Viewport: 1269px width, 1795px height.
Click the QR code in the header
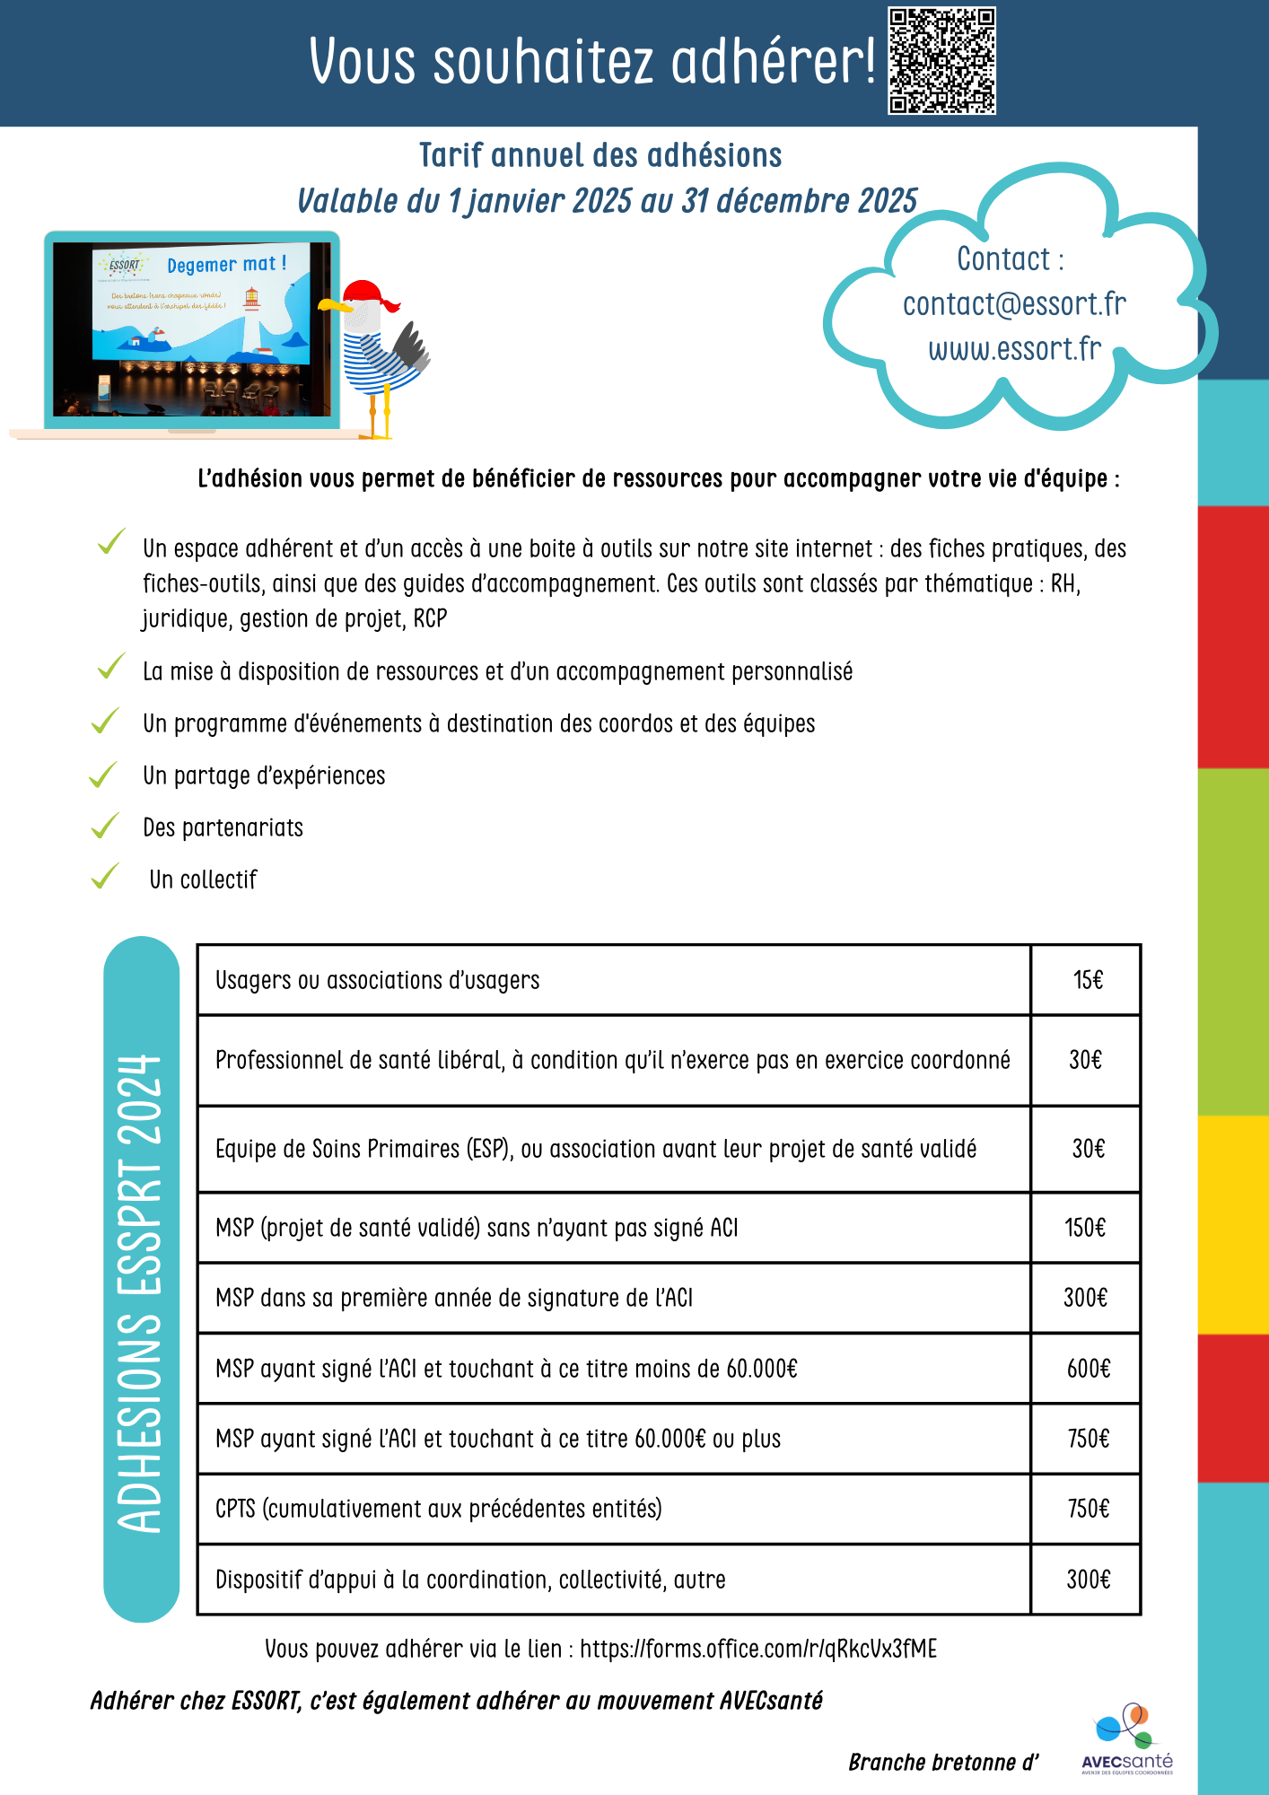point(941,61)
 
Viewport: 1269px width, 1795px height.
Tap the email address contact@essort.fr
point(1014,304)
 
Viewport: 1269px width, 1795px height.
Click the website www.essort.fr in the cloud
point(1014,349)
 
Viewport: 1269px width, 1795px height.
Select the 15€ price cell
point(1087,980)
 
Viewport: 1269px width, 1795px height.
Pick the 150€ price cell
point(1085,1228)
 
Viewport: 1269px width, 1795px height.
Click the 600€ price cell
point(1088,1369)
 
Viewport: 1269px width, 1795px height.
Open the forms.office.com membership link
point(757,1650)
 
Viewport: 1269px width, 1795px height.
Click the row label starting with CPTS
point(438,1509)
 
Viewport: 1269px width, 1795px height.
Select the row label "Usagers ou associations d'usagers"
point(377,980)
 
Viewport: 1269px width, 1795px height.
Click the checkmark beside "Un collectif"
point(105,876)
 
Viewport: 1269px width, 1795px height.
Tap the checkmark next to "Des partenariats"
point(105,825)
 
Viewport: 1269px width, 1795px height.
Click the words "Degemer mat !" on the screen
point(226,265)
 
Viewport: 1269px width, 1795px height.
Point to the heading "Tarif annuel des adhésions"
point(600,155)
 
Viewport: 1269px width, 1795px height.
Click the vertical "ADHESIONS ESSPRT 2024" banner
point(141,1279)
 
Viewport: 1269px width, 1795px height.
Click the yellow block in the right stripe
point(1233,1224)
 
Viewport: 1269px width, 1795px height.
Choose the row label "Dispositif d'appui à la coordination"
point(470,1580)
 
